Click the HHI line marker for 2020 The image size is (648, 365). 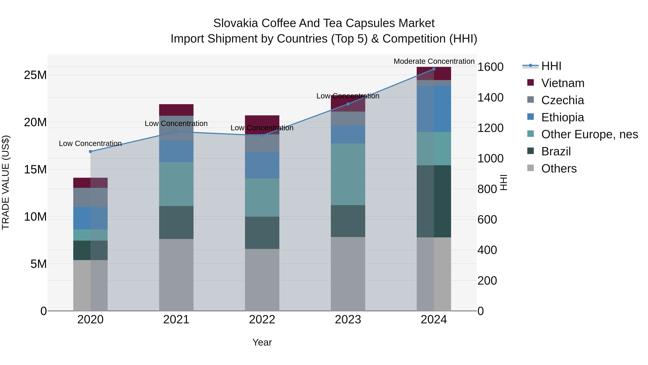click(x=90, y=151)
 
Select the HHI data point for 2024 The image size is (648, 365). click(x=434, y=69)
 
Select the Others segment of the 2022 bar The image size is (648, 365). click(x=262, y=280)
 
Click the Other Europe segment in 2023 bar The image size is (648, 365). click(x=348, y=174)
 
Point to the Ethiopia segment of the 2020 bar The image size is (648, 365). click(x=90, y=218)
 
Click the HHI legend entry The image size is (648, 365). click(x=551, y=66)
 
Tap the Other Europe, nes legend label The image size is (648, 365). click(x=589, y=134)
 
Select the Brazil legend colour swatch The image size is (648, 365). click(x=530, y=151)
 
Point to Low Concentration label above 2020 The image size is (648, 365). click(x=90, y=143)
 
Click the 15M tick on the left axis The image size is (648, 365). click(x=35, y=170)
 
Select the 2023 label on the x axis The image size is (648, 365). click(x=348, y=320)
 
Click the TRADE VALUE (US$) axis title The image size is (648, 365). click(x=6, y=182)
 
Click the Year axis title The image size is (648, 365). click(x=262, y=342)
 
